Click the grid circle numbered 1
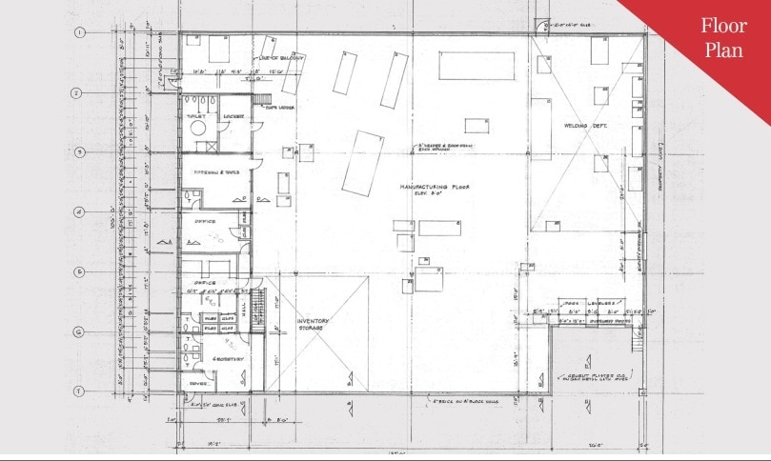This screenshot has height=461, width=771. click(80, 32)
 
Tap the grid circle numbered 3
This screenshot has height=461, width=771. click(80, 152)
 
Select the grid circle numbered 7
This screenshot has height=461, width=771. click(80, 391)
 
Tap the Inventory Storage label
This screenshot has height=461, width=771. click(313, 325)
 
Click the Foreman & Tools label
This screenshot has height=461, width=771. click(215, 172)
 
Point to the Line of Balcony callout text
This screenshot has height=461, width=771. click(281, 58)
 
